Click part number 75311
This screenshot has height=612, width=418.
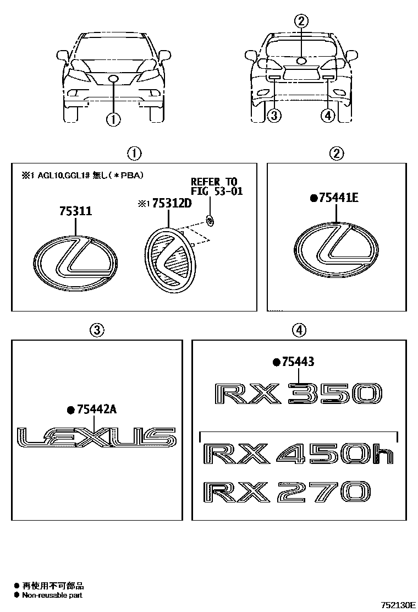pyautogui.click(x=76, y=211)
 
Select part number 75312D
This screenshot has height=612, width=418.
pyautogui.click(x=172, y=203)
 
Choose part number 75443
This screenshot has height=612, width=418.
pyautogui.click(x=298, y=362)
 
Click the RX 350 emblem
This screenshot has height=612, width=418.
pyautogui.click(x=298, y=394)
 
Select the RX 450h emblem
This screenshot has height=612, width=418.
pyautogui.click(x=298, y=453)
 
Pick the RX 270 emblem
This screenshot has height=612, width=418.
pyautogui.click(x=287, y=492)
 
